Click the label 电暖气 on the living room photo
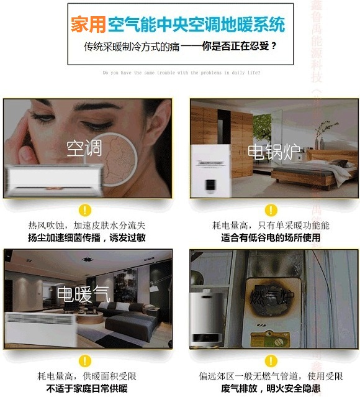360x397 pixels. pos(84,294)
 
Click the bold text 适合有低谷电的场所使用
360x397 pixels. pos(271,237)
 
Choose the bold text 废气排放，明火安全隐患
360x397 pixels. pos(271,389)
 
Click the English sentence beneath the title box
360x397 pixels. pos(181,73)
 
